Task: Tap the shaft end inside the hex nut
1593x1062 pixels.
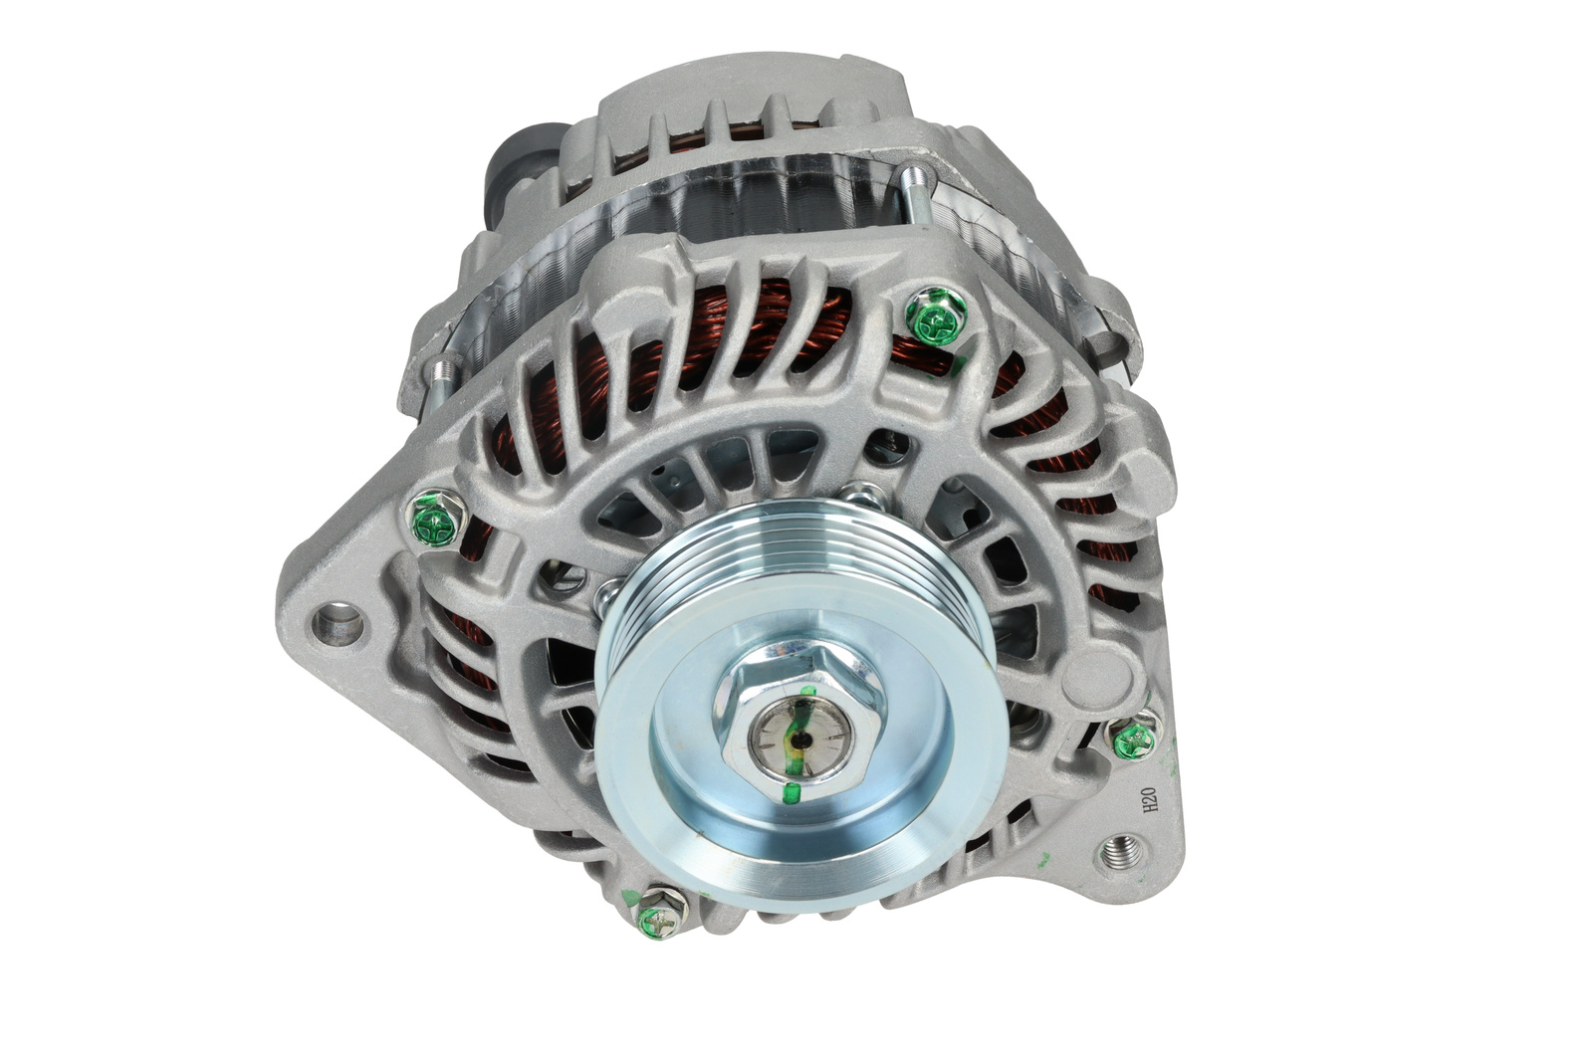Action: tap(800, 740)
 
